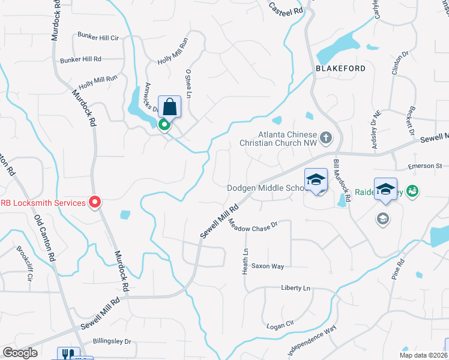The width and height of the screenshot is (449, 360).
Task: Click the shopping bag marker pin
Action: pos(170,107)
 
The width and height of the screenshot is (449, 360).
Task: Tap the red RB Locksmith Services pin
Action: pos(94,203)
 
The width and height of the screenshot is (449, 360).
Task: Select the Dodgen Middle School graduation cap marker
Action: pos(316,179)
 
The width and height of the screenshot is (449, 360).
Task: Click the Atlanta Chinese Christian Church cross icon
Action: pos(325,139)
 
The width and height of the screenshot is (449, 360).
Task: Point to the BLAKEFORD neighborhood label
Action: pos(340,68)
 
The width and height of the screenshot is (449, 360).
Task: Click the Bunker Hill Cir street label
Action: pos(98,37)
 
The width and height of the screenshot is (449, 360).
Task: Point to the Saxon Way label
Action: pos(268,265)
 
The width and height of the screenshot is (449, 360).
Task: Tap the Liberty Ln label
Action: pos(296,289)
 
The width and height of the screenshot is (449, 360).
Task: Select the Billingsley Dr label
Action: pos(112,341)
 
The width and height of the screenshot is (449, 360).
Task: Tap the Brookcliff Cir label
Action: pos(25,264)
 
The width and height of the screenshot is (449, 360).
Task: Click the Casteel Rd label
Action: pos(285,8)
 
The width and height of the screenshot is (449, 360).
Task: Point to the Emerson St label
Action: pos(424,166)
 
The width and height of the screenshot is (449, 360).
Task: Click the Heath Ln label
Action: pos(246,262)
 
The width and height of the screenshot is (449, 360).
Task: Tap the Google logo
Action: pos(20,353)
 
